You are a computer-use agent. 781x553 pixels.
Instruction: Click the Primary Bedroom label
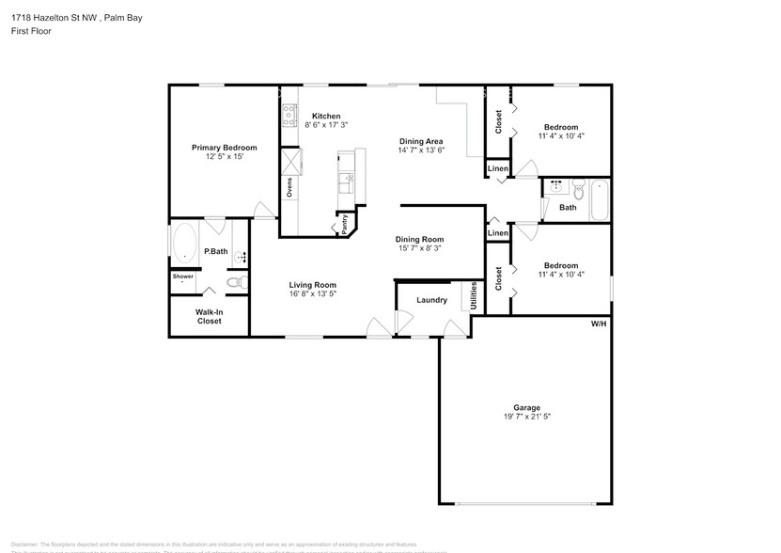tap(224, 148)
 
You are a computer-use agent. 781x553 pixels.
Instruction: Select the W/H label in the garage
tap(599, 324)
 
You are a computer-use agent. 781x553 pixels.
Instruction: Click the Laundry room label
tap(431, 301)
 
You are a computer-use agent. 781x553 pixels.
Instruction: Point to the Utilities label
tap(474, 295)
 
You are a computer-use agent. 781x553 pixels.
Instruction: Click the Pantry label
tap(344, 223)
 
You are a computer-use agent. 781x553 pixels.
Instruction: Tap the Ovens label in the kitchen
tap(289, 188)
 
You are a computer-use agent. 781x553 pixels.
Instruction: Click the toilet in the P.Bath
tap(236, 281)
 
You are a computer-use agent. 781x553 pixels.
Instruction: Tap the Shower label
tap(182, 276)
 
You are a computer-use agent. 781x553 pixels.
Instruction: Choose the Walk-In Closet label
tap(209, 316)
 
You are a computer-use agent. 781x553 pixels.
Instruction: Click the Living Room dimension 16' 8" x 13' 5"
tap(312, 294)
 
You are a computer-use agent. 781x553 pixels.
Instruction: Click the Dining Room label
tap(418, 239)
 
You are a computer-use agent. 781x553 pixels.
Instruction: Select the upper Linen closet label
tap(498, 169)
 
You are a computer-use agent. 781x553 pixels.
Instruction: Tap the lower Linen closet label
tap(498, 232)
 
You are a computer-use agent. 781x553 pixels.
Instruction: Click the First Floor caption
tap(32, 31)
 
